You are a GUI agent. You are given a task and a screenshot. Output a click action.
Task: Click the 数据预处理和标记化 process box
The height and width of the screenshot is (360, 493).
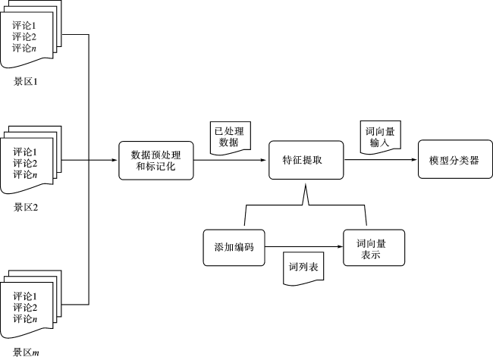pyautogui.click(x=156, y=161)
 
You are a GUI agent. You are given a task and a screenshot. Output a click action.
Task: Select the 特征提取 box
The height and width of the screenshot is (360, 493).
pyautogui.click(x=306, y=160)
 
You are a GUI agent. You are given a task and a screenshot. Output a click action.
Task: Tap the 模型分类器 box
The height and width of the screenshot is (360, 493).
pyautogui.click(x=455, y=159)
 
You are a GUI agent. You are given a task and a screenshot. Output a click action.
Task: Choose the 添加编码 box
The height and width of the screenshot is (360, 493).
pyautogui.click(x=234, y=248)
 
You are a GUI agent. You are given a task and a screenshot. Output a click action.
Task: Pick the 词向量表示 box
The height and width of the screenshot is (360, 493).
pyautogui.click(x=374, y=248)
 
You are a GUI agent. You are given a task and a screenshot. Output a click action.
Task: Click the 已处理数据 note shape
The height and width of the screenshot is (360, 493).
pyautogui.click(x=230, y=138)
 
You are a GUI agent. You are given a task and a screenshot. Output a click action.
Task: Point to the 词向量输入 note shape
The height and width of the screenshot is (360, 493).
pyautogui.click(x=381, y=137)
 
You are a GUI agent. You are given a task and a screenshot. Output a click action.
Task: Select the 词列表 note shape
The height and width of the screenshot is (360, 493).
pyautogui.click(x=303, y=268)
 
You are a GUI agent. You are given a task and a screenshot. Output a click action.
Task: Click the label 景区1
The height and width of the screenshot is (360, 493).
pyautogui.click(x=26, y=82)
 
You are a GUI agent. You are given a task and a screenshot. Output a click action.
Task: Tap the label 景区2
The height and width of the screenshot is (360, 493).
pyautogui.click(x=26, y=208)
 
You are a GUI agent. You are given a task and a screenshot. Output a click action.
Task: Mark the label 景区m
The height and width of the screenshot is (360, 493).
pyautogui.click(x=26, y=352)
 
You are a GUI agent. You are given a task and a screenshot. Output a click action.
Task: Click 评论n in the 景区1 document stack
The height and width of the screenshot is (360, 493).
pyautogui.click(x=24, y=48)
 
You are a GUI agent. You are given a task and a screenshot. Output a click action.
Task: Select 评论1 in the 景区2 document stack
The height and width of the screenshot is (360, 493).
pyautogui.click(x=25, y=152)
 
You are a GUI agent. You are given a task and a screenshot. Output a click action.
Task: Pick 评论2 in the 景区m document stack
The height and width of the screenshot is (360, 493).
pyautogui.click(x=25, y=308)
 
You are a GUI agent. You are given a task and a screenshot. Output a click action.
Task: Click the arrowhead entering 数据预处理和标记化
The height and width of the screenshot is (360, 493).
pyautogui.click(x=115, y=160)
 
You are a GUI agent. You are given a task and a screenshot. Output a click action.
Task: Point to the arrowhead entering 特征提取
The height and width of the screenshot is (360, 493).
pyautogui.click(x=263, y=160)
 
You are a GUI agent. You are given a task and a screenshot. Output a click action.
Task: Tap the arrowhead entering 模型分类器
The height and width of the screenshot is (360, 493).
pyautogui.click(x=414, y=160)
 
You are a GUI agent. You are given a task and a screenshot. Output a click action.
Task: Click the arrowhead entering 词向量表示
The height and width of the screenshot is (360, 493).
pyautogui.click(x=340, y=246)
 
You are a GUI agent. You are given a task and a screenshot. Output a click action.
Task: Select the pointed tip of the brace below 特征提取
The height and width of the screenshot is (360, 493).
pyautogui.click(x=306, y=186)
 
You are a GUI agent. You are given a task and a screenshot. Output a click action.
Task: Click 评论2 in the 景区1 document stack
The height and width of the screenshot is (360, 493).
pyautogui.click(x=24, y=36)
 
